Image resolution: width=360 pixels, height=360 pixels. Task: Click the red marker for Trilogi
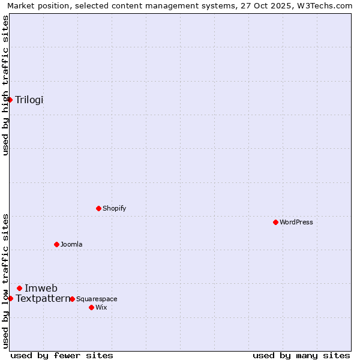click(x=10, y=100)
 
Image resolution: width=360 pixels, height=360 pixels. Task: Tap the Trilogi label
click(x=29, y=100)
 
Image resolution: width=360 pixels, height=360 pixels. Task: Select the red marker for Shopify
click(x=98, y=209)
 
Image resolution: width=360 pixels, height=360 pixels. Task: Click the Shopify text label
click(x=114, y=209)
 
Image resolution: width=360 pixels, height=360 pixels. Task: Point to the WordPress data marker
click(x=275, y=222)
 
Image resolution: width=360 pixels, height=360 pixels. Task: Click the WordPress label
click(x=296, y=222)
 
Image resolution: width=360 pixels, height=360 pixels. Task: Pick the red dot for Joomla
click(x=56, y=244)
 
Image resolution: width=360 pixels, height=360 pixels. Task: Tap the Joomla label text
click(x=71, y=244)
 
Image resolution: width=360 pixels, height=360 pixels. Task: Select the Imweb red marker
click(x=19, y=288)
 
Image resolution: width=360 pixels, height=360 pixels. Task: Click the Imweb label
click(x=41, y=288)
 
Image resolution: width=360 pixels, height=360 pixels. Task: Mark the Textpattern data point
click(x=10, y=298)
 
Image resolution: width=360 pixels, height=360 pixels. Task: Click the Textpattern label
click(x=43, y=298)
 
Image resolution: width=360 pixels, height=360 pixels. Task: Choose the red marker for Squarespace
click(x=72, y=299)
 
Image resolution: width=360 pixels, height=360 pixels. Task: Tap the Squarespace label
click(x=97, y=299)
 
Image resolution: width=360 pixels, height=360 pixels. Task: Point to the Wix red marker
click(x=91, y=307)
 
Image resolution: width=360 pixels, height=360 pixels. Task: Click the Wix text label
click(x=101, y=307)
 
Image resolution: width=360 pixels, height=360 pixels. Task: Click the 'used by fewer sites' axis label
click(x=62, y=355)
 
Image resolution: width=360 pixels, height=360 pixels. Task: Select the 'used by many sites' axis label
click(x=301, y=355)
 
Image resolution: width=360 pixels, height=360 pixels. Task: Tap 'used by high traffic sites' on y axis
click(x=5, y=85)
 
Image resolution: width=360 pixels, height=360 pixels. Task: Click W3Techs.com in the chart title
click(x=322, y=5)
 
